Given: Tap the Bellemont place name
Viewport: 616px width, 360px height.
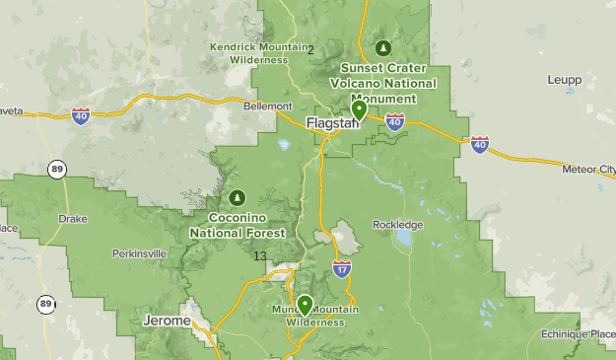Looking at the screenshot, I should [x=268, y=106].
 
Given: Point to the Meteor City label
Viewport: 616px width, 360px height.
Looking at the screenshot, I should [x=588, y=170].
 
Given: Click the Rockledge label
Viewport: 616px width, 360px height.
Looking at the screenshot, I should [x=397, y=225].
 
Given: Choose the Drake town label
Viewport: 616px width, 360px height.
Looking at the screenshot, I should [x=73, y=219].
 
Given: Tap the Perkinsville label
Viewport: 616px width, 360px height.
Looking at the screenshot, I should [x=140, y=253].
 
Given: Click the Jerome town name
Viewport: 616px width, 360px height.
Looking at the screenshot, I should [x=167, y=321].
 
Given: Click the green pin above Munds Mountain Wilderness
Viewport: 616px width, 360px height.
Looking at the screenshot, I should [x=306, y=304].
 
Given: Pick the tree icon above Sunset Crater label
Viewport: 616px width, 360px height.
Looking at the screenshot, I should [x=383, y=47].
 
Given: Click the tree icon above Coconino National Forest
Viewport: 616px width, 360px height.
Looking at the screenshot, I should [x=237, y=197].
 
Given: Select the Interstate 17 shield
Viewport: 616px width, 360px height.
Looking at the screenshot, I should [x=342, y=268].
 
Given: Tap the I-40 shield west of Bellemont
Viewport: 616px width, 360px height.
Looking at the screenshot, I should [x=81, y=115].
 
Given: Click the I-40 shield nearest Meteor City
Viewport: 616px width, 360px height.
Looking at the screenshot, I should [x=480, y=145].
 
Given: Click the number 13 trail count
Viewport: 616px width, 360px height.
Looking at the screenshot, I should [x=259, y=256].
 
